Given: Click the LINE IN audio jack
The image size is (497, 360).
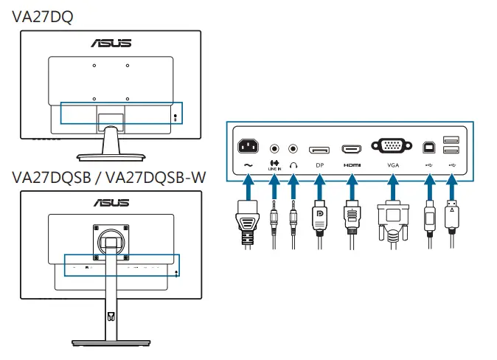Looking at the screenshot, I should click(275, 148).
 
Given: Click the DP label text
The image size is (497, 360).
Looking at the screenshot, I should click(319, 165).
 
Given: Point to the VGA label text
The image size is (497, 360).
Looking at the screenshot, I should click(392, 165).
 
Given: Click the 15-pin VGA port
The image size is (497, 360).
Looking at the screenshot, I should click(392, 146).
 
